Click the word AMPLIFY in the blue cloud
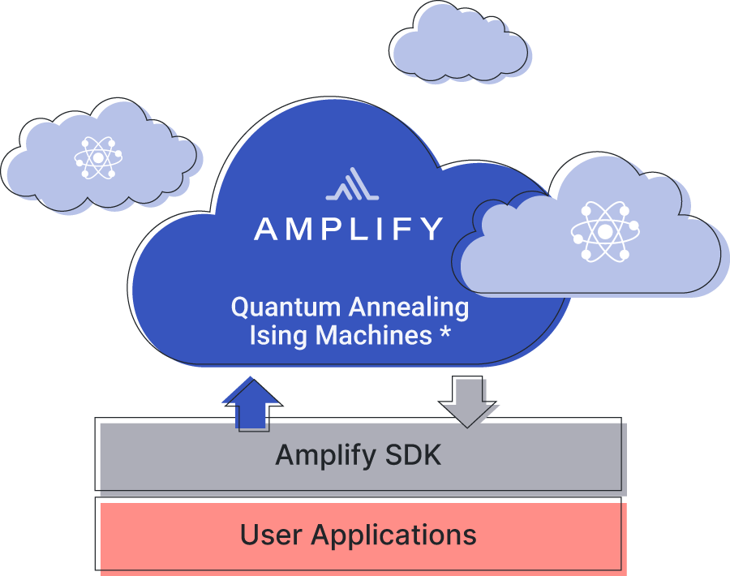pyautogui.click(x=349, y=229)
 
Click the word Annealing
pyautogui.click(x=409, y=307)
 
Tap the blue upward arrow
pyautogui.click(x=251, y=402)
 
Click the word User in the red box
pyautogui.click(x=272, y=535)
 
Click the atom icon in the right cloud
pyautogui.click(x=605, y=232)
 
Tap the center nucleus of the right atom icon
pyautogui.click(x=605, y=232)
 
